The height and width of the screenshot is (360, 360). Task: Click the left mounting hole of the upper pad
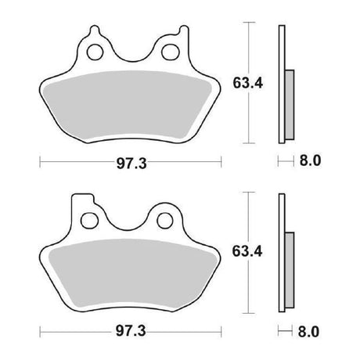click(95, 52)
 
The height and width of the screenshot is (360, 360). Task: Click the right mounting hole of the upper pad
click(171, 52)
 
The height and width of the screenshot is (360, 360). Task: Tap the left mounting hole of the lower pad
click(90, 221)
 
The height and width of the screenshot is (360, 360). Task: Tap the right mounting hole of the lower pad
click(165, 221)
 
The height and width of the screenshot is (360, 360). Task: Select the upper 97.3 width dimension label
click(131, 164)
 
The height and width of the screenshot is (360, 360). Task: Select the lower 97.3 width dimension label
click(131, 332)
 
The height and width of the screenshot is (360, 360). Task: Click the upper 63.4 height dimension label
click(248, 83)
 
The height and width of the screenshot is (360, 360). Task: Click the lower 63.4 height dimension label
click(247, 251)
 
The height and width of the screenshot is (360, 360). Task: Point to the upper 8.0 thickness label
click(310, 160)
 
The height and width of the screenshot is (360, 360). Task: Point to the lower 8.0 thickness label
click(308, 332)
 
